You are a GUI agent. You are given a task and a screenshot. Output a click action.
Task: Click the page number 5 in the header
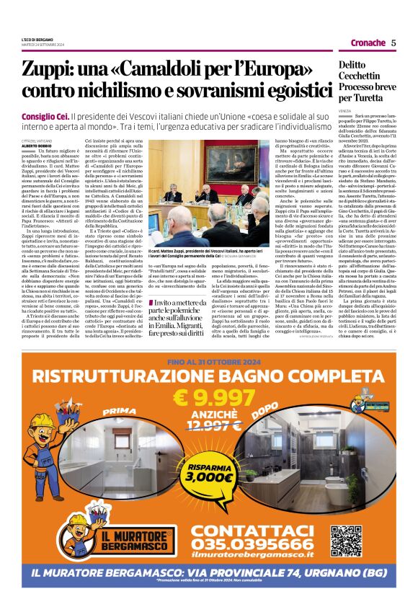pos(393,43)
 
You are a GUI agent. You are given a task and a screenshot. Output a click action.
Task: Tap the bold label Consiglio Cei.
pos(45,115)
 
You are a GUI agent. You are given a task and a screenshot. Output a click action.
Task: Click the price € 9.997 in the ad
pos(209,396)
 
